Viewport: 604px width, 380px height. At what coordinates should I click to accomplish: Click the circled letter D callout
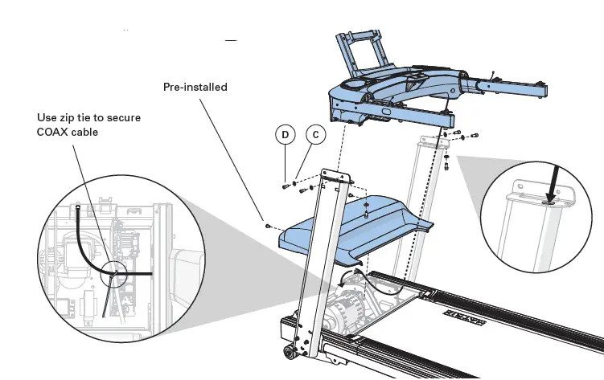coord(285,135)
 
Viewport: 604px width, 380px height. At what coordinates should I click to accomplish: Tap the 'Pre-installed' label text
coord(195,87)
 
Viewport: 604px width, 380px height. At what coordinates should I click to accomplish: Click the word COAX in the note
coord(54,131)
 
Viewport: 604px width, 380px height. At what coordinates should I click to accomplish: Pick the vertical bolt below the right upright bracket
coord(446,168)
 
